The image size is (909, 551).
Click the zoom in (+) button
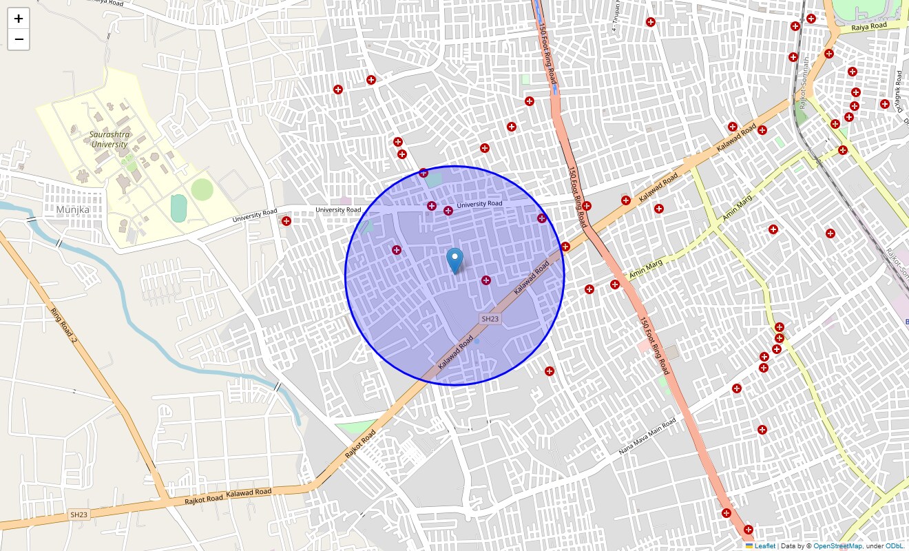click(x=19, y=19)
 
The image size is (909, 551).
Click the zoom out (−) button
click(x=19, y=40)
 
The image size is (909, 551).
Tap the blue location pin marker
click(x=454, y=260)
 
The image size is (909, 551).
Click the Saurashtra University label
click(x=109, y=140)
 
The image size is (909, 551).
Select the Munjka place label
click(x=74, y=209)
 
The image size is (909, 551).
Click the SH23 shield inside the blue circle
click(x=490, y=319)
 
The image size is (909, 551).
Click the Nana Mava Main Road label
click(x=647, y=437)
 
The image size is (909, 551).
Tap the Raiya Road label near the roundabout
click(x=868, y=26)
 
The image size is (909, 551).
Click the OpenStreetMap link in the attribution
click(x=837, y=546)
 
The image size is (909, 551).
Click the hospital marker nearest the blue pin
click(x=486, y=280)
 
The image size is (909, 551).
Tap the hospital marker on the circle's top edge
click(x=424, y=173)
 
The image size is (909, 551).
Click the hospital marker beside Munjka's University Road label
click(x=286, y=221)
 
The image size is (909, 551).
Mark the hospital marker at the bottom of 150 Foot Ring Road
click(x=749, y=530)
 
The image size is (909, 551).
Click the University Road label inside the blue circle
click(x=479, y=204)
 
